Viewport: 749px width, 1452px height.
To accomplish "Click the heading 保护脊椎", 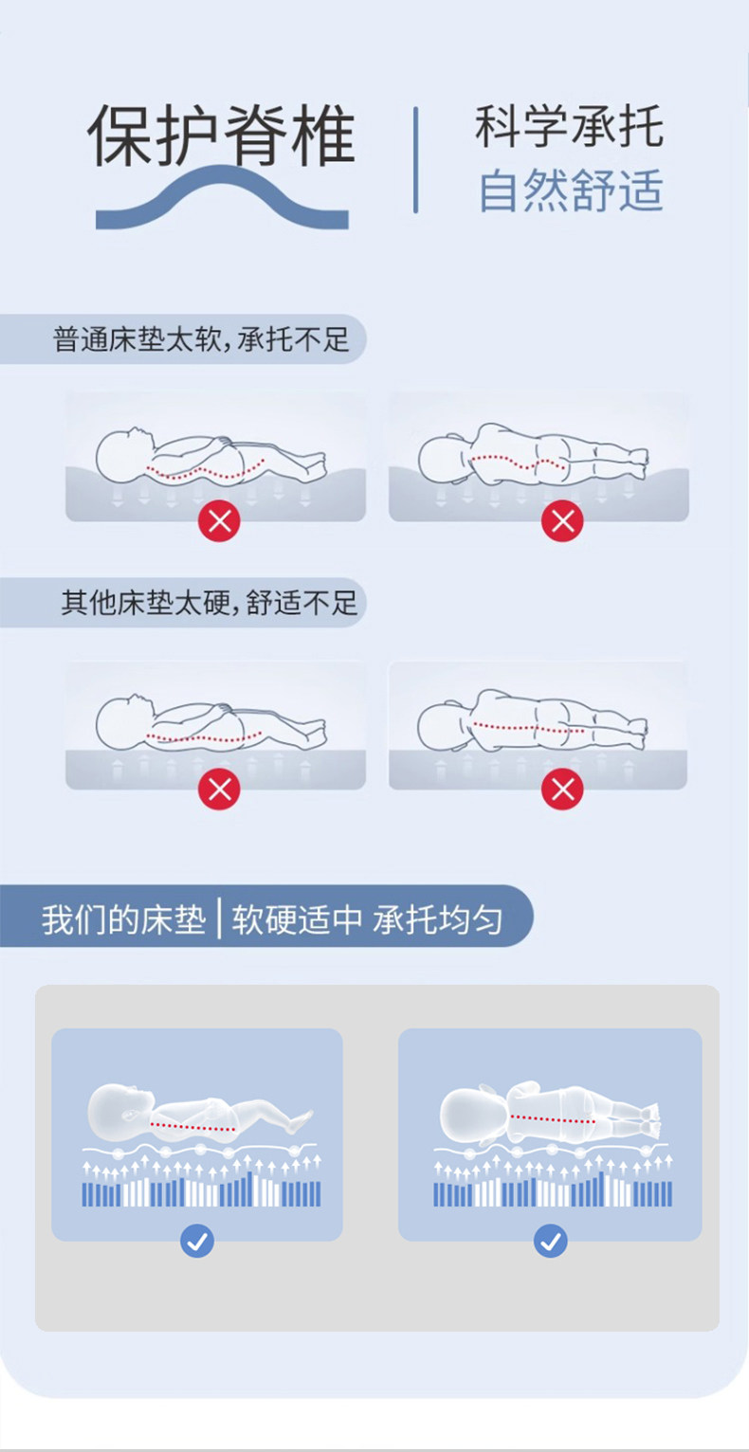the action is [x=221, y=135].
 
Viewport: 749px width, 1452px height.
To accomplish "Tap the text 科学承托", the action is [x=569, y=126].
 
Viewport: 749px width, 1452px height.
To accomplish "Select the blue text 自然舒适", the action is [x=571, y=190].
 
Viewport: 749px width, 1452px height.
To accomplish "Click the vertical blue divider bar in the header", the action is [x=415, y=160].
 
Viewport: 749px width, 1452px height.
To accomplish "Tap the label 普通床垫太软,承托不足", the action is [x=201, y=339].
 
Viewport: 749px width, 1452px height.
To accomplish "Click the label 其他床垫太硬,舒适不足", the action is [x=209, y=603].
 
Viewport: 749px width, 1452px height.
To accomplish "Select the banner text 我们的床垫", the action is [x=124, y=919].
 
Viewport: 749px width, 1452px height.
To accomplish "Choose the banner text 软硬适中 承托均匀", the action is [x=367, y=919].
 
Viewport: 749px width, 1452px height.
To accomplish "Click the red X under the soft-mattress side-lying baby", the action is [x=219, y=520].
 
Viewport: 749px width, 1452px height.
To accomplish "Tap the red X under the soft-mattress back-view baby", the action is [x=562, y=520].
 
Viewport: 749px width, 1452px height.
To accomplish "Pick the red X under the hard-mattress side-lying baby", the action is [x=219, y=790].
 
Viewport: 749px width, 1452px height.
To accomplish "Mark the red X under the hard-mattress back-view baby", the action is [x=562, y=790].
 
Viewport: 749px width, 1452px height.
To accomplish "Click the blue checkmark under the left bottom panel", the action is [x=197, y=1241].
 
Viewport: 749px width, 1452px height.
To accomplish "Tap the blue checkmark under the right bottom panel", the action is [x=551, y=1241].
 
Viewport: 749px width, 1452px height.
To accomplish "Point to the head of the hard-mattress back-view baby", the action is [x=442, y=725].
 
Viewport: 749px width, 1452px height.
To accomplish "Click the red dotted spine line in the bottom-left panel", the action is [x=192, y=1127].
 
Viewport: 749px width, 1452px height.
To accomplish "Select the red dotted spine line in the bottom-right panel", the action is [x=553, y=1119].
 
